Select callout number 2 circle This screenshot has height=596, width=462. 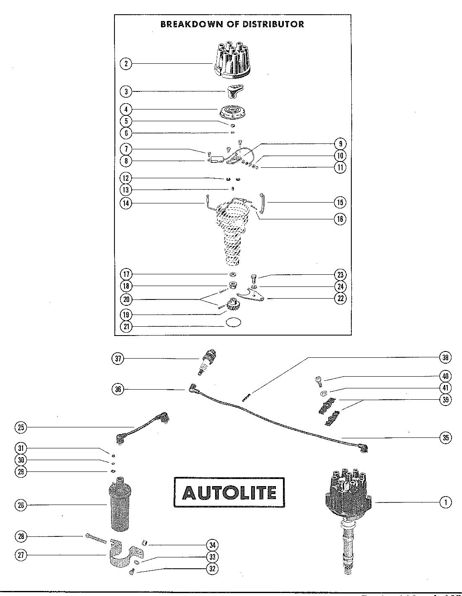[125, 64]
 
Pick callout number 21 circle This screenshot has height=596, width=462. [125, 326]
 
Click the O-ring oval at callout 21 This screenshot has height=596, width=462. [234, 323]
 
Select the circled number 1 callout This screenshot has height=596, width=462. [446, 502]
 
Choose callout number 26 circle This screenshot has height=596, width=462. [21, 505]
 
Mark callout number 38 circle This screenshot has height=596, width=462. [446, 357]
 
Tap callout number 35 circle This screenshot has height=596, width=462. [446, 437]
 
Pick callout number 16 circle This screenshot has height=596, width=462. [340, 219]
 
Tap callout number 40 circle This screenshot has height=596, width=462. [446, 376]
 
